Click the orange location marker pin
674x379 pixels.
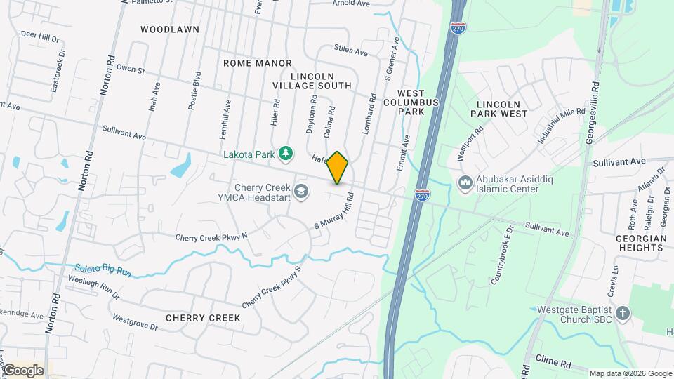click(x=338, y=167)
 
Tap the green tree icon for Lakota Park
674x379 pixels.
click(x=285, y=153)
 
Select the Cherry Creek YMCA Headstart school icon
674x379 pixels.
click(x=302, y=192)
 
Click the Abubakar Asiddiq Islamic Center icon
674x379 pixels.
click(x=465, y=184)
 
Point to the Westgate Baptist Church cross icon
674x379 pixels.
click(x=622, y=313)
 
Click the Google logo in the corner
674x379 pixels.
click(x=22, y=371)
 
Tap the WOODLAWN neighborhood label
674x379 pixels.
click(x=170, y=29)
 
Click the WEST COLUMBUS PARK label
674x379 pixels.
click(x=418, y=102)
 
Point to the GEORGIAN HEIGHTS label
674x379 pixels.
click(x=641, y=244)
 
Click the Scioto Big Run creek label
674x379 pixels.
click(x=103, y=269)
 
